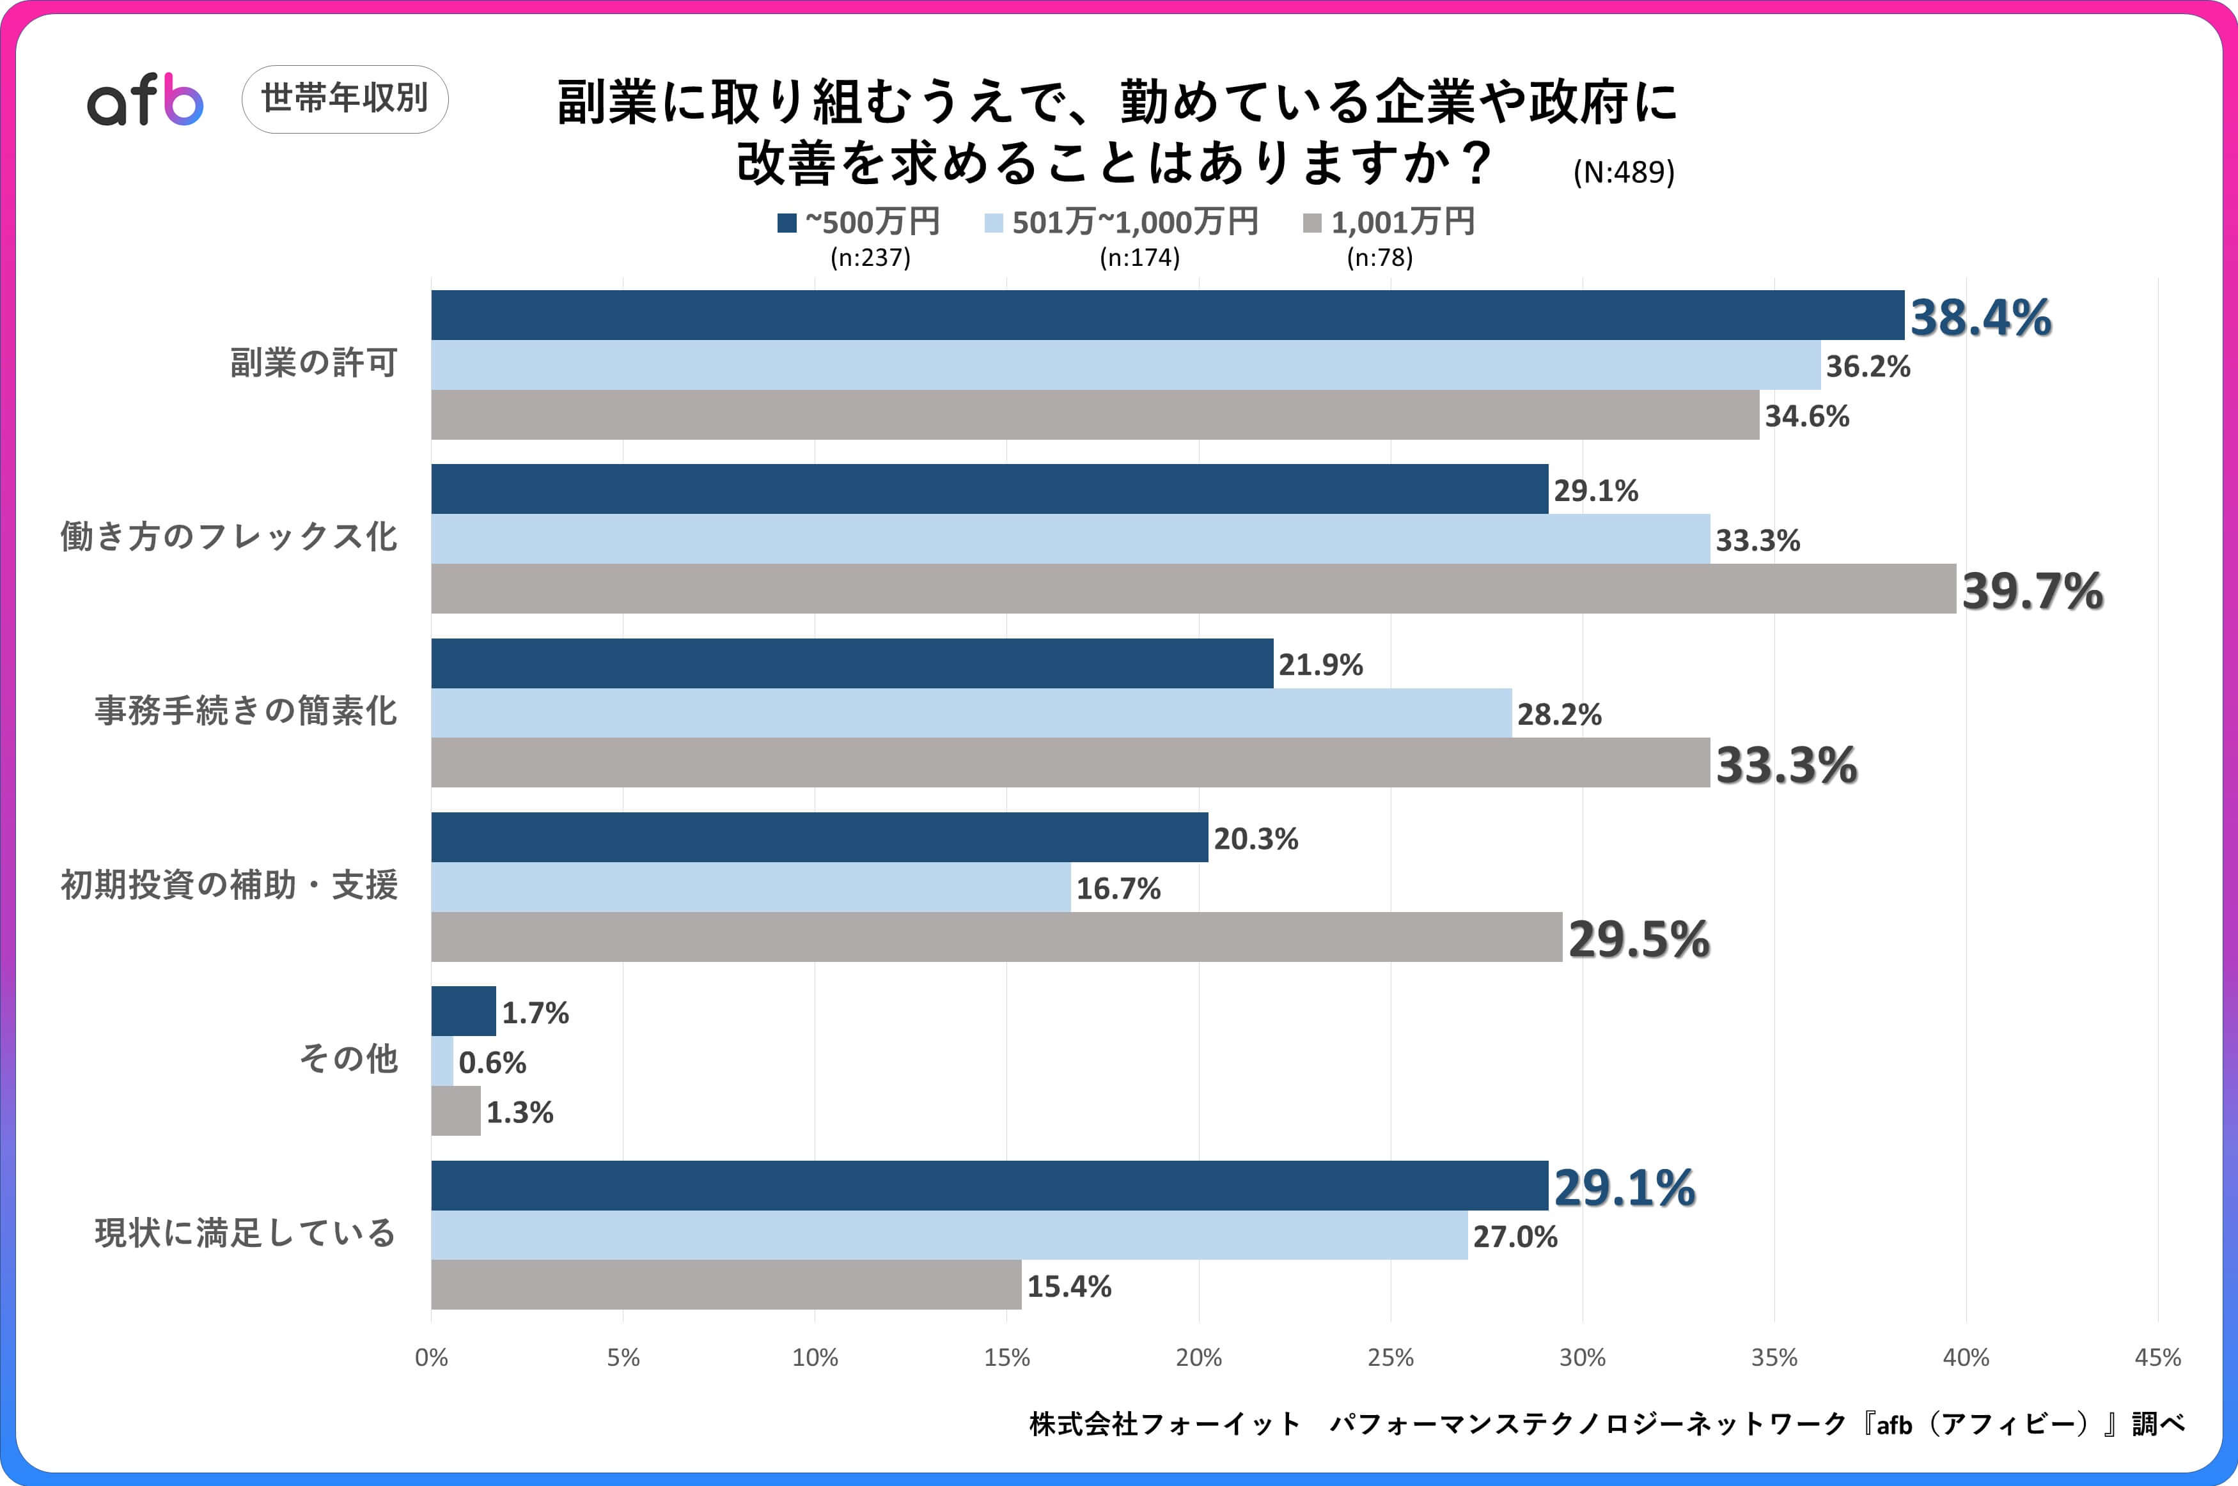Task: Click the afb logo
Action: [x=145, y=100]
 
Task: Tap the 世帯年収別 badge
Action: [x=345, y=98]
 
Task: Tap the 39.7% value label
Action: [x=2032, y=591]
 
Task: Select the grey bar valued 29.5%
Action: [x=996, y=937]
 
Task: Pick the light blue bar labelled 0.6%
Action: [x=442, y=1062]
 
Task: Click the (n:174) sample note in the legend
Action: [x=1139, y=258]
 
